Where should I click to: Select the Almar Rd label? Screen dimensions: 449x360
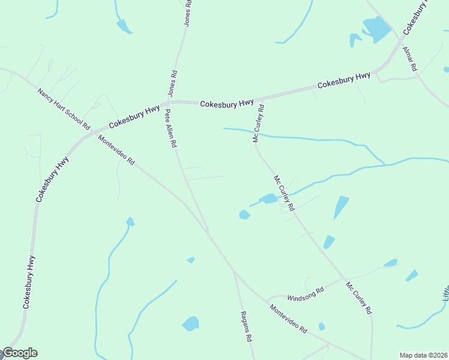click(x=409, y=59)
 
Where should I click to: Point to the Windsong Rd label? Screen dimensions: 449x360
click(x=306, y=292)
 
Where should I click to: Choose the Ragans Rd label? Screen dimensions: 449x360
click(x=245, y=326)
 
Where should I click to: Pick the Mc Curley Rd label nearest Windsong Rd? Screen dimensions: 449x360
click(x=359, y=298)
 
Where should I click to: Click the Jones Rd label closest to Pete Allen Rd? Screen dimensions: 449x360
click(x=172, y=83)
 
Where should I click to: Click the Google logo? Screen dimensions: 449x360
click(x=19, y=353)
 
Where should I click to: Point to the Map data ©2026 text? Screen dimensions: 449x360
click(x=423, y=355)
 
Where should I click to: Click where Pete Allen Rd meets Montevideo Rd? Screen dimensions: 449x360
click(x=208, y=233)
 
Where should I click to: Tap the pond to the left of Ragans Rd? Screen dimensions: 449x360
click(x=190, y=324)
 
